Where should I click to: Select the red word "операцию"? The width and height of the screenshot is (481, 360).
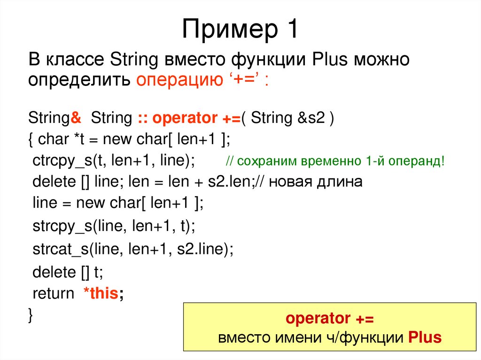(x=179, y=80)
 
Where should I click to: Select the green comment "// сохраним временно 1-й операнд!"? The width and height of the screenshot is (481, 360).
(x=334, y=161)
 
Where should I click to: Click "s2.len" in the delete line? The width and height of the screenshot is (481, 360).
(x=231, y=182)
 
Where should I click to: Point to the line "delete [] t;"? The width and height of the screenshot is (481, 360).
(x=67, y=272)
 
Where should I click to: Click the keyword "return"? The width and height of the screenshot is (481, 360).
(x=53, y=294)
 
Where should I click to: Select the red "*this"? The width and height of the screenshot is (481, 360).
(x=101, y=294)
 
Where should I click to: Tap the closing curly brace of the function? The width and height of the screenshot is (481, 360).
(x=31, y=314)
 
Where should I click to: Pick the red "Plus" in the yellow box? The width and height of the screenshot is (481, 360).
(x=425, y=337)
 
